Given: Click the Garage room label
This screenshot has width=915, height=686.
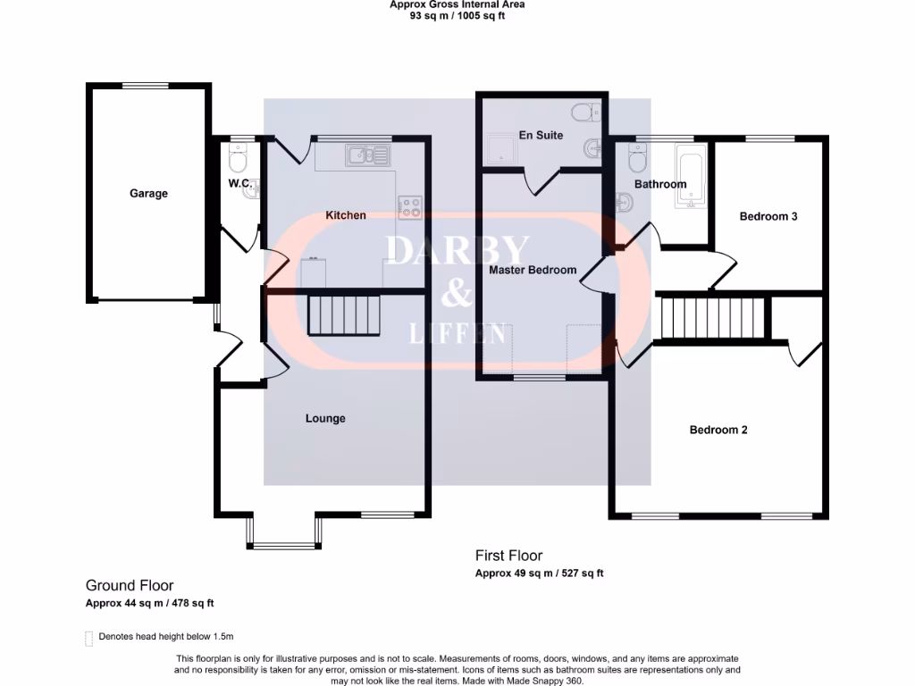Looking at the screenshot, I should click(148, 193).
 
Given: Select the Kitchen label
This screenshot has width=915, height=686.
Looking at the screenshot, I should click(345, 215).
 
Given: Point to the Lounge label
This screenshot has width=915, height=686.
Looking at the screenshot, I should click(325, 418).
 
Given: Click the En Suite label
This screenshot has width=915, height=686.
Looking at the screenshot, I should click(541, 136).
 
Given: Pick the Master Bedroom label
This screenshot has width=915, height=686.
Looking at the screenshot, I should click(533, 270).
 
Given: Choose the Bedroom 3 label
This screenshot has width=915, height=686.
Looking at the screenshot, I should click(768, 216).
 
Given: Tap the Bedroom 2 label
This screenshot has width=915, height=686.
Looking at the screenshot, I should click(718, 430).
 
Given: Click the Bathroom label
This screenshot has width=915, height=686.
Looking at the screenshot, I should click(660, 185).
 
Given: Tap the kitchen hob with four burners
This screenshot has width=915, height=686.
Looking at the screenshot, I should click(410, 207).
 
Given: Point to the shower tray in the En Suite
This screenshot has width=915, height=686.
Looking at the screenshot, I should click(496, 150).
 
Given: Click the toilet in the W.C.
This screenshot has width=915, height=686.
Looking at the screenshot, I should click(238, 161).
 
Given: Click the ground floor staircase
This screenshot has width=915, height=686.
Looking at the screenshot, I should click(344, 314).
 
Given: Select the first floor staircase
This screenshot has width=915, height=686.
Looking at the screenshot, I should click(713, 318).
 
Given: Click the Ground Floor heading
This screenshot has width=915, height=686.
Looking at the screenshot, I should click(130, 586).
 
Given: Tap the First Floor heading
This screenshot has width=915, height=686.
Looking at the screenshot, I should click(508, 556).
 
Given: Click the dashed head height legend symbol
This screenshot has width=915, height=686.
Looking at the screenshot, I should click(88, 637).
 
